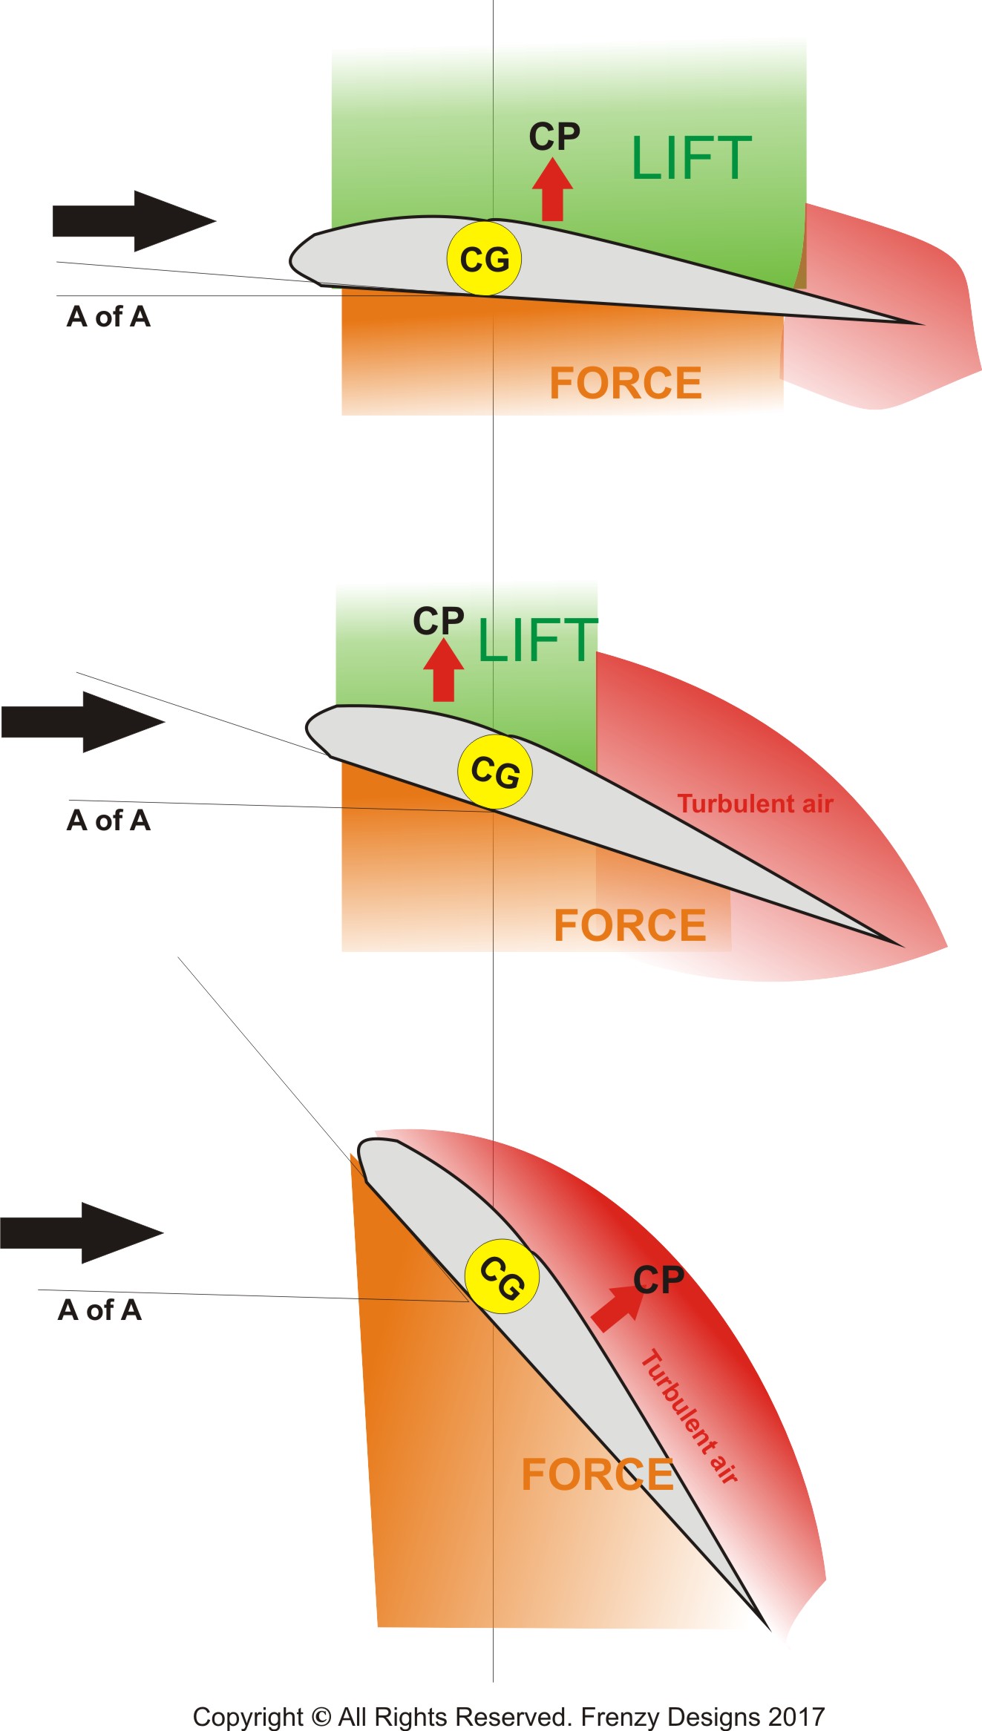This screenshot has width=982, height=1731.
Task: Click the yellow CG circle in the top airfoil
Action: (x=484, y=258)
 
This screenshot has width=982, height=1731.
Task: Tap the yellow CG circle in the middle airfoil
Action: (x=495, y=772)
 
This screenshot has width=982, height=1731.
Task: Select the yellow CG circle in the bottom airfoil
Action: (x=502, y=1276)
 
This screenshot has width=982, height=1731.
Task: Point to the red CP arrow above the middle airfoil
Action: (x=443, y=671)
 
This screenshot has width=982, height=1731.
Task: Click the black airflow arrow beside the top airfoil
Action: (x=134, y=221)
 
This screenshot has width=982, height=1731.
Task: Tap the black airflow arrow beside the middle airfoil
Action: (x=83, y=722)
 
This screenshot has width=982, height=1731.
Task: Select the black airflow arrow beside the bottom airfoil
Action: (x=82, y=1232)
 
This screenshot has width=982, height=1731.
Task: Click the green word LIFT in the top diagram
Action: (x=691, y=158)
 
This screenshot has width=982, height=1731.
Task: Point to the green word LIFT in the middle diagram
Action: (x=537, y=641)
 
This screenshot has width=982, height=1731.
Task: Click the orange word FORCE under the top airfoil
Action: (x=625, y=383)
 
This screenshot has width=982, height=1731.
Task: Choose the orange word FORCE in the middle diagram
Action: (x=629, y=925)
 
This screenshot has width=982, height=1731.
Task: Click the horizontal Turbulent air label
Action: (x=755, y=804)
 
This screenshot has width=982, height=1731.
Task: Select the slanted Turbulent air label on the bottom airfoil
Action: (x=689, y=1416)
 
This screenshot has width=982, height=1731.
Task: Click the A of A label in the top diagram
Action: (x=108, y=317)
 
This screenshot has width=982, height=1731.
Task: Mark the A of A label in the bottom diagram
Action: (x=99, y=1310)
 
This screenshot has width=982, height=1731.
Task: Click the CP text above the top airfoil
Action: (x=554, y=137)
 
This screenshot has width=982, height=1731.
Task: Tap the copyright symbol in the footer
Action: (x=321, y=1716)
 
